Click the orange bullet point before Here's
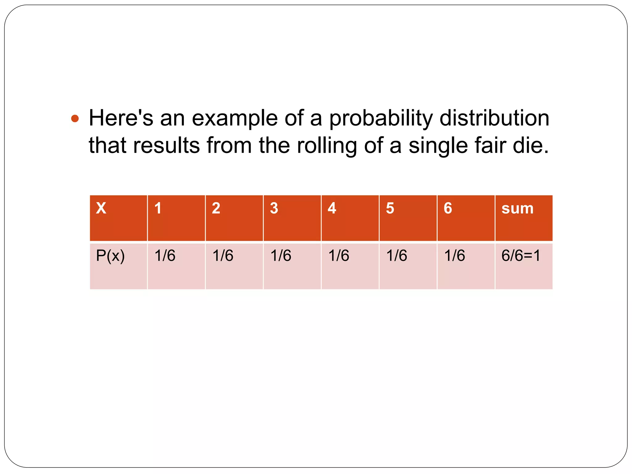pos(75,118)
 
